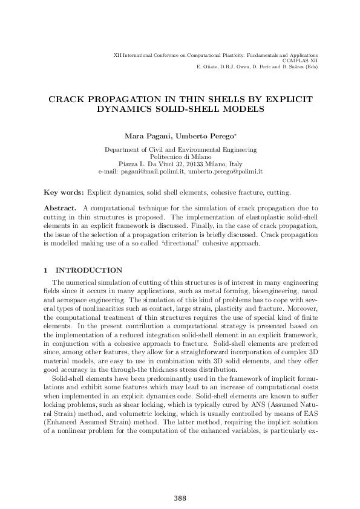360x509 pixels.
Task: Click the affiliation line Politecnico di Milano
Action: (180, 157)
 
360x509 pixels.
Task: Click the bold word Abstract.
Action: (59, 208)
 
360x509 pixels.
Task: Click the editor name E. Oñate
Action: (206, 66)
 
